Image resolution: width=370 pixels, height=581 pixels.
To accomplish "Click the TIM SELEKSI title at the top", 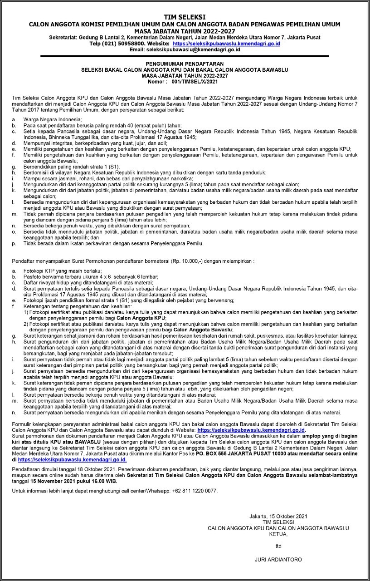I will pyautogui.click(x=185, y=17).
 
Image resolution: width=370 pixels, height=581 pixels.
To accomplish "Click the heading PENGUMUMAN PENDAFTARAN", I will pyautogui.click(x=185, y=64).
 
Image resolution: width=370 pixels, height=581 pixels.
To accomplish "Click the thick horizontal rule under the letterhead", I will pyautogui.click(x=185, y=55).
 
